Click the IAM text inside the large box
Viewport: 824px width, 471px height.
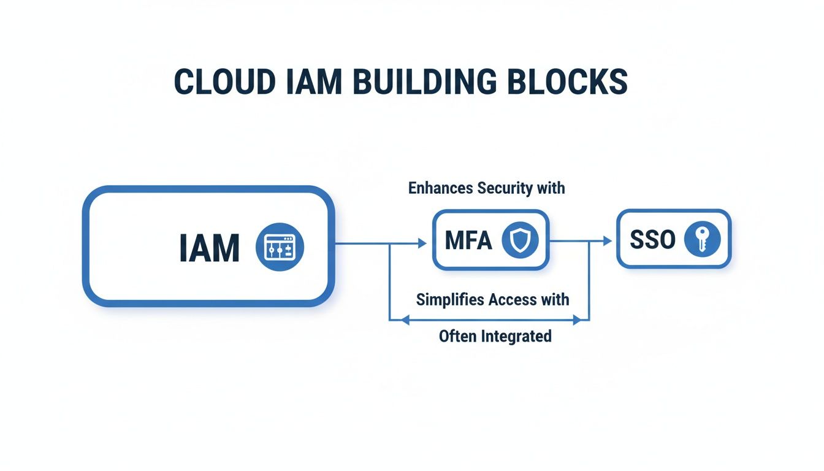[x=209, y=248]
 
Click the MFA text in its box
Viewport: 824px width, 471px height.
[x=468, y=240]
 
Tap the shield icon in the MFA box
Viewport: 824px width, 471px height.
[x=519, y=239]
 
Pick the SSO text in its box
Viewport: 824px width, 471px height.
[x=652, y=240]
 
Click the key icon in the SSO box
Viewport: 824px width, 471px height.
[x=703, y=239]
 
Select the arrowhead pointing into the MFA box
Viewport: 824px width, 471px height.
[x=422, y=243]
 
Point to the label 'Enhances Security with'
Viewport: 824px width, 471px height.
[x=486, y=188]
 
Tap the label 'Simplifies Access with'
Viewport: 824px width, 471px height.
[x=492, y=299]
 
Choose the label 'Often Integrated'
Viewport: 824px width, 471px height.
[x=495, y=335]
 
